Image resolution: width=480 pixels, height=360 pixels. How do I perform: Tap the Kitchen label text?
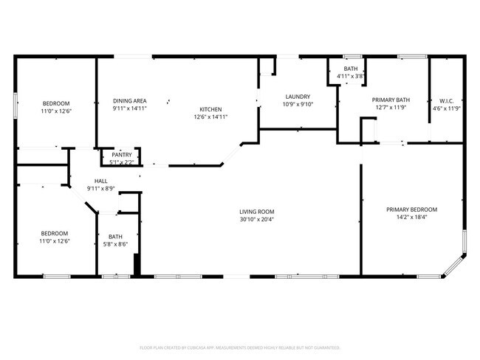tap(210, 108)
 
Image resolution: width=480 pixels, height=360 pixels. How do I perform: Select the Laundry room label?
tap(298, 97)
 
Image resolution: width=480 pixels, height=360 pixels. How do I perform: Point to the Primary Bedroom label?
tap(411, 210)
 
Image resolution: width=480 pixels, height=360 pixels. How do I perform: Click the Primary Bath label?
tap(391, 100)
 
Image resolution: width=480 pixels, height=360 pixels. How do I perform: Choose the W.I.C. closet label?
tap(446, 101)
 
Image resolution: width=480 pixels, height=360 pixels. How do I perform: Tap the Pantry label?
tap(122, 155)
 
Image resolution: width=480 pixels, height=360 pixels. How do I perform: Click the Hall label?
tap(101, 181)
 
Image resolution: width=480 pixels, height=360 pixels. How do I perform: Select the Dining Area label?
tap(129, 100)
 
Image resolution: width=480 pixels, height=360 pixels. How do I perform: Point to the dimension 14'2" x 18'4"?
tap(411, 218)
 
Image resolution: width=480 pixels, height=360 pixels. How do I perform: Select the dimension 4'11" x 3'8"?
tap(351, 76)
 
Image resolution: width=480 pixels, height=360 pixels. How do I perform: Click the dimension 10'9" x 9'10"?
tap(298, 105)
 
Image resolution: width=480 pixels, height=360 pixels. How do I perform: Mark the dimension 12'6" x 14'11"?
tap(210, 117)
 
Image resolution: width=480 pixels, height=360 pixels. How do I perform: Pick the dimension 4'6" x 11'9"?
tap(446, 109)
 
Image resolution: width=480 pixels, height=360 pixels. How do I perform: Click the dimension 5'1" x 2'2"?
tap(122, 162)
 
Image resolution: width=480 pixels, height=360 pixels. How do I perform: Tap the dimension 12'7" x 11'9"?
tap(391, 108)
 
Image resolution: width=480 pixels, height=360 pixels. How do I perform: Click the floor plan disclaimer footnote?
tap(240, 347)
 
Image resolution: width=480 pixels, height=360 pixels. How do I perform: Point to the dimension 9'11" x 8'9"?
tap(101, 189)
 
